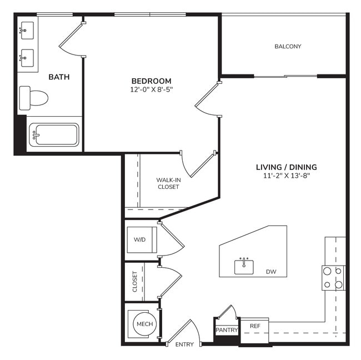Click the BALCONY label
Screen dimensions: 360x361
click(x=288, y=47)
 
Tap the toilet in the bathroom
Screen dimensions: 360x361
click(x=34, y=98)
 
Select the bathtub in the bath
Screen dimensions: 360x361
click(x=54, y=134)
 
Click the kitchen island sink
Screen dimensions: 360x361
click(x=244, y=267)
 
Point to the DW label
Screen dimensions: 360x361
click(x=271, y=272)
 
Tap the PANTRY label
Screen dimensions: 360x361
click(x=227, y=330)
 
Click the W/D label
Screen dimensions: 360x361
click(x=140, y=240)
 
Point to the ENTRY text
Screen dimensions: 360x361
click(x=184, y=344)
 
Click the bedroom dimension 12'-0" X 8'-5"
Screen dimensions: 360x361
click(x=151, y=89)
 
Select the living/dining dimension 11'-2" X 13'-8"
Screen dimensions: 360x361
click(x=286, y=176)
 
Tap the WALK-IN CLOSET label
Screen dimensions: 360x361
click(x=168, y=183)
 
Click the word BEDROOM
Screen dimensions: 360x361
click(x=151, y=81)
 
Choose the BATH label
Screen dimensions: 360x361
click(x=59, y=77)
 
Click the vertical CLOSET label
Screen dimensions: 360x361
click(x=134, y=281)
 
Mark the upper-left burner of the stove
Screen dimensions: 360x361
click(x=327, y=272)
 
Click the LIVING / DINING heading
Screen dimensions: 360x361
click(x=286, y=167)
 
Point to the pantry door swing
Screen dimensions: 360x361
click(x=228, y=312)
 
